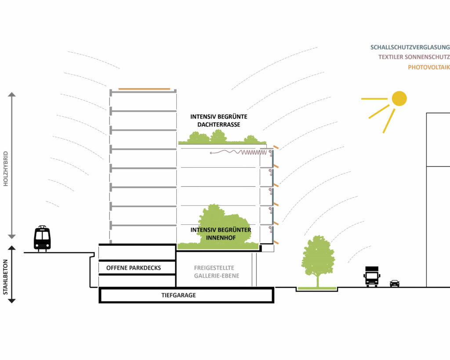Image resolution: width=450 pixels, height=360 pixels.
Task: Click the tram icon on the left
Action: coord(42,238)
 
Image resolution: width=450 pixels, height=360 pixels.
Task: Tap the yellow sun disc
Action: coord(399,98)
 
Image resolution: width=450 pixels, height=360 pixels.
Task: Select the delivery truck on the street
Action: coord(372,276)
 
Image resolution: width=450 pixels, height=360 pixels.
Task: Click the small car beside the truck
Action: coord(395,284)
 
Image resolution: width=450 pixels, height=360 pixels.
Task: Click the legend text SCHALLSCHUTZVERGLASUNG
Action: coord(410,47)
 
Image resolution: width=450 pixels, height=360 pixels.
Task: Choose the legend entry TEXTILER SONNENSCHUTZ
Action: coord(414,57)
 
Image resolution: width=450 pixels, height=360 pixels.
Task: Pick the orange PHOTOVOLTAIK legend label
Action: coord(428,67)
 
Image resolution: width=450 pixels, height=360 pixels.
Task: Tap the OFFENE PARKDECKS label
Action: coord(134,267)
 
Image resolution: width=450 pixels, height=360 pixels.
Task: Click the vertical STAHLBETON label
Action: coord(6,274)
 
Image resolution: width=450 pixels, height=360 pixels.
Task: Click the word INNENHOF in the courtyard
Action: coord(221,238)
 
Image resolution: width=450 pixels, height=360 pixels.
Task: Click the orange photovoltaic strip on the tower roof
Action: coord(144,89)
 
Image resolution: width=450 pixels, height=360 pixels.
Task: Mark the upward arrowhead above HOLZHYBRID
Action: coord(12,94)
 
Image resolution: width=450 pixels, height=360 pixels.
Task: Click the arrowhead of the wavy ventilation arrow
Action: coord(212,153)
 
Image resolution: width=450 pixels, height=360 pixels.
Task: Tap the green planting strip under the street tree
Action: coord(317,288)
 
